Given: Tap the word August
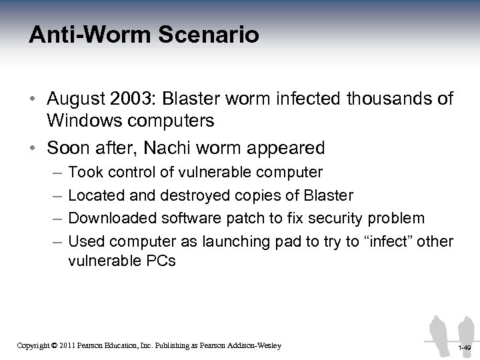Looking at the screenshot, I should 78,99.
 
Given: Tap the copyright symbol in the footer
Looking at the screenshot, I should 55,345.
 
